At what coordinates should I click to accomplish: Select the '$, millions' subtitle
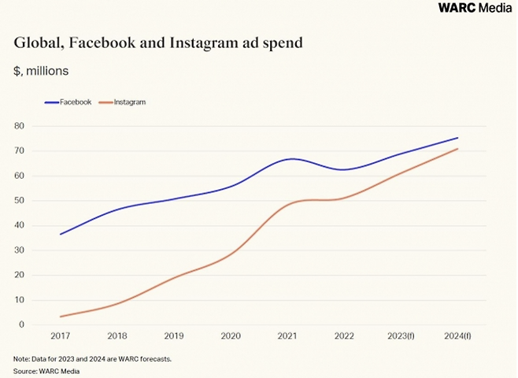pyautogui.click(x=41, y=71)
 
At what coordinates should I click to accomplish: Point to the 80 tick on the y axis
pyautogui.click(x=20, y=126)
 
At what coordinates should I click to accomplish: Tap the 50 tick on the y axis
pyautogui.click(x=20, y=201)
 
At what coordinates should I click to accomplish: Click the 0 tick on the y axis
pyautogui.click(x=22, y=324)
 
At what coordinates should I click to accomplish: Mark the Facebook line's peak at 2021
pyautogui.click(x=290, y=159)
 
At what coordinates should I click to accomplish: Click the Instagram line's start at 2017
pyautogui.click(x=61, y=317)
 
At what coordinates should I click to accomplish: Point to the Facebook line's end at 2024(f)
pyautogui.click(x=457, y=138)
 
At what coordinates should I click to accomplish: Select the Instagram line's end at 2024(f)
pyautogui.click(x=457, y=149)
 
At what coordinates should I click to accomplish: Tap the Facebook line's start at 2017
pyautogui.click(x=61, y=234)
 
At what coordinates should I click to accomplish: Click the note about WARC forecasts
pyautogui.click(x=93, y=359)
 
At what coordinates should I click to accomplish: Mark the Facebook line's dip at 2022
pyautogui.click(x=344, y=169)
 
